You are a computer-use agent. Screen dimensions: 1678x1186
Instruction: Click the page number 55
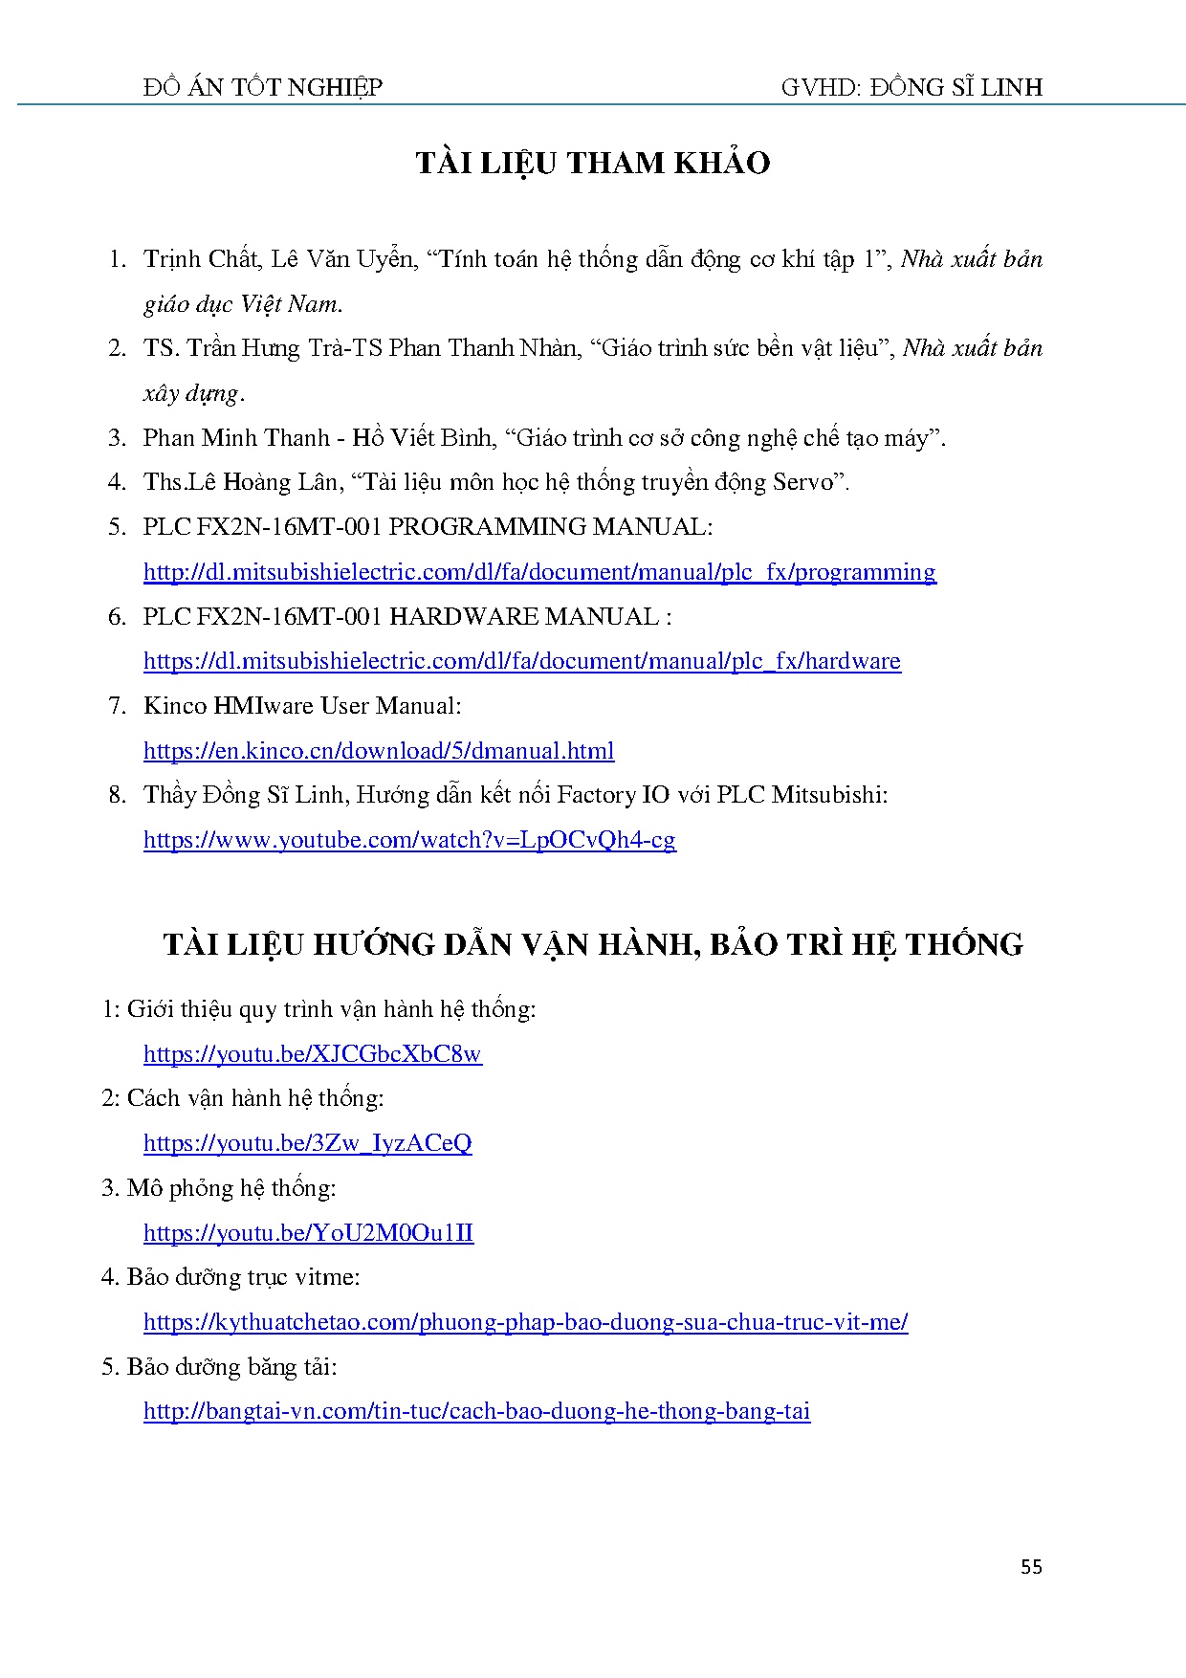(x=1031, y=1566)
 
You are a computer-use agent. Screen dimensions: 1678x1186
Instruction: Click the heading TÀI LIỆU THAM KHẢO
(x=593, y=164)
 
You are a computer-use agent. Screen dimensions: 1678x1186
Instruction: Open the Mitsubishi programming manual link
(x=539, y=572)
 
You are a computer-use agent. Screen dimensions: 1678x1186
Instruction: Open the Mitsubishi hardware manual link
(x=522, y=661)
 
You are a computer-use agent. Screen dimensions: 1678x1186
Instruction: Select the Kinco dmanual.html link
(x=379, y=751)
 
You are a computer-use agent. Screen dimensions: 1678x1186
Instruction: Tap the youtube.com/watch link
(x=409, y=840)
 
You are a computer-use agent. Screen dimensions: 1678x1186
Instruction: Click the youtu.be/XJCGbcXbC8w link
(x=313, y=1054)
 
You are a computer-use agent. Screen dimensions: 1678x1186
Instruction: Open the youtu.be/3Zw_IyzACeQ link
(x=308, y=1143)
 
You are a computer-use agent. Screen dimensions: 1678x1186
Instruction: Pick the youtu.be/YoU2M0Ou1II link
(x=309, y=1233)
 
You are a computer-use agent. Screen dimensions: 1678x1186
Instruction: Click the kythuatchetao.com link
(x=526, y=1322)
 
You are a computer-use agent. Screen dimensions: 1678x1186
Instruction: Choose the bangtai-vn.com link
(x=477, y=1411)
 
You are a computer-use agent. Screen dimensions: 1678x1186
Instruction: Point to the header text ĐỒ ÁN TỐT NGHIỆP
(x=263, y=88)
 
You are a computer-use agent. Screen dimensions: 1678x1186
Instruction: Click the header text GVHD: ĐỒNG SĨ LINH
(x=911, y=88)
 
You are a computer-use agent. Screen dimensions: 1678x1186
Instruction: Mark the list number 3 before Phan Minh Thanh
(x=117, y=438)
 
